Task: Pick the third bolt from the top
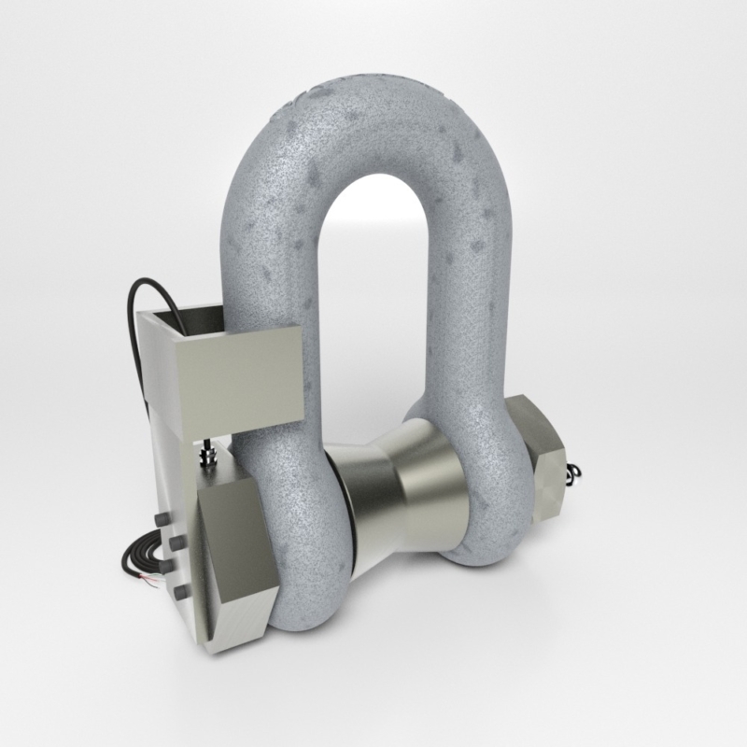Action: (x=166, y=566)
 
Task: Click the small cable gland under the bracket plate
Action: (x=206, y=455)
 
